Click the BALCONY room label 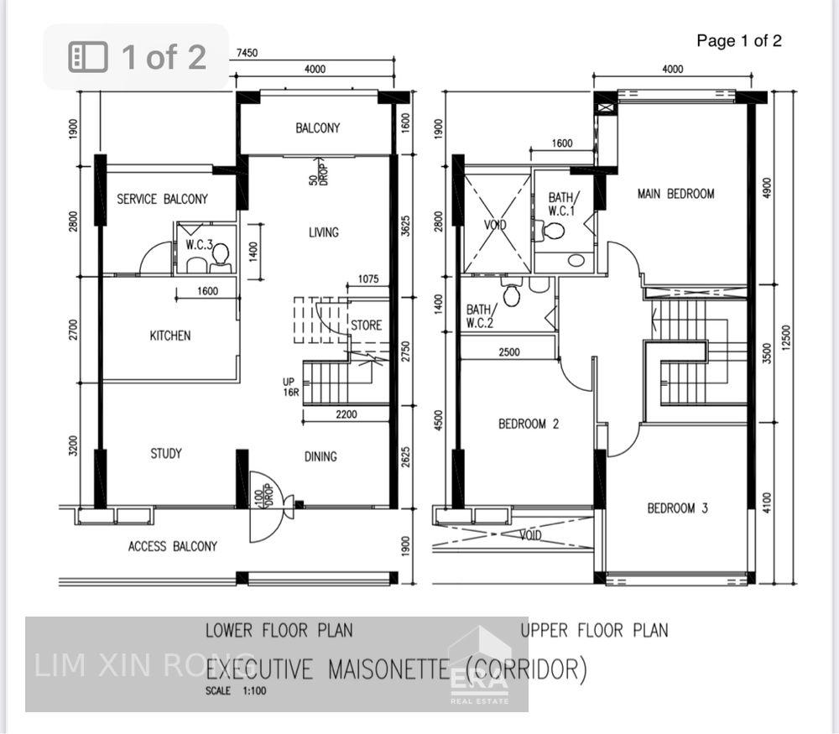coord(317,128)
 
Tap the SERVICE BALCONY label coord(162,199)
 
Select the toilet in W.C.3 coord(221,259)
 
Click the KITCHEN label coord(169,336)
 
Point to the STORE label coord(366,325)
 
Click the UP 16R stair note coord(289,387)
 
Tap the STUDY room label coord(165,454)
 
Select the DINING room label coord(320,456)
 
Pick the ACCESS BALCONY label coord(172,546)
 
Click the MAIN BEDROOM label coord(675,194)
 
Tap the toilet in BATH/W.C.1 coord(553,231)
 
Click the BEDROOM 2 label coord(529,424)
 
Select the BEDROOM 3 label coord(677,508)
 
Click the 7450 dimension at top coord(247,53)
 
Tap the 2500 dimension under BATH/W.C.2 coord(509,352)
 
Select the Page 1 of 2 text coord(739,40)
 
